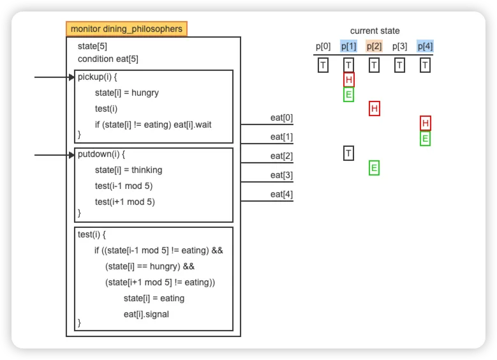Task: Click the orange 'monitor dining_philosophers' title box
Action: [x=126, y=29]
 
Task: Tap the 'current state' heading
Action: [x=375, y=31]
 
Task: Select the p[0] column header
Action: [x=323, y=47]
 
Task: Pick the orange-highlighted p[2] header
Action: [x=374, y=47]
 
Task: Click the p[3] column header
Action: [x=399, y=47]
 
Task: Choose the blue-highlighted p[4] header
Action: [x=425, y=47]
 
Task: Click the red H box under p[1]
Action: [x=348, y=80]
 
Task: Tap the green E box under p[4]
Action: [x=425, y=139]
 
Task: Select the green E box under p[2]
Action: [x=374, y=168]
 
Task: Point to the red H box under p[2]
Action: [x=375, y=109]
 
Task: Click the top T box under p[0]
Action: [x=323, y=65]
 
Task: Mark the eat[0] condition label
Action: [x=281, y=117]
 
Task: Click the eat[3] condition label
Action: [x=281, y=175]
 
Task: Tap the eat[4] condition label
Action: [x=281, y=194]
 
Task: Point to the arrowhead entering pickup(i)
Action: [x=71, y=77]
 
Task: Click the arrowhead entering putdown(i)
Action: [x=71, y=155]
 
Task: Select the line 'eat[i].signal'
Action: [x=146, y=314]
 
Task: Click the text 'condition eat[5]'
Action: [x=108, y=59]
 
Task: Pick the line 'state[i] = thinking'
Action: [x=128, y=170]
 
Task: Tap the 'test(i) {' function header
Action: [x=92, y=235]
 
